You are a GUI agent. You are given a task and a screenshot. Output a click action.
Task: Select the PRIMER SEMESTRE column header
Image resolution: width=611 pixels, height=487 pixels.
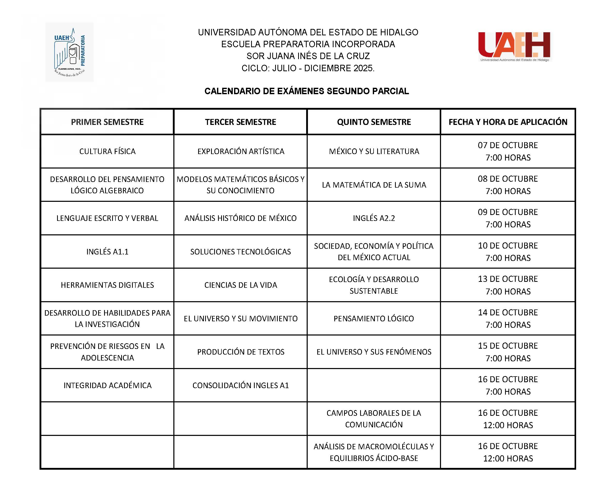point(107,122)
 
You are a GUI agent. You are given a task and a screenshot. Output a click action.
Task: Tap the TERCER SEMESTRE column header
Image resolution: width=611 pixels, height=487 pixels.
point(241,122)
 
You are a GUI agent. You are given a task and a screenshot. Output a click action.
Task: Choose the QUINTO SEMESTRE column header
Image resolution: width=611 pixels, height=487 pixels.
point(374,122)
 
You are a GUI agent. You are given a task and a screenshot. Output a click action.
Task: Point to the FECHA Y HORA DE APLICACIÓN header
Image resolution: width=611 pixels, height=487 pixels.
point(508,122)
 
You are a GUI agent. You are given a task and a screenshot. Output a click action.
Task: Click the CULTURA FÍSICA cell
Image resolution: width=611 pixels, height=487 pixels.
point(107,151)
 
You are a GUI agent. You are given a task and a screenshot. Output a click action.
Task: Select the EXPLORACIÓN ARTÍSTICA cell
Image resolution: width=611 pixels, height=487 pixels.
point(241,151)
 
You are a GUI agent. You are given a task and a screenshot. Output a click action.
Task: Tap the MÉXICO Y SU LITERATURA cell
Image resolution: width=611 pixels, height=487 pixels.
point(374,151)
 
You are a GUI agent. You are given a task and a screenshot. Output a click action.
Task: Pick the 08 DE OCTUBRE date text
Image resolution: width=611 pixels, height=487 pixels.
point(508,179)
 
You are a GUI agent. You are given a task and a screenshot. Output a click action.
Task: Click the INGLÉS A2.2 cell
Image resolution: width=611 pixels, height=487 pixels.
point(374,218)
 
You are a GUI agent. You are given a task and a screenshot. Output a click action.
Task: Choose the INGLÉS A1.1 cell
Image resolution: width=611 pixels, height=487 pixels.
point(107,252)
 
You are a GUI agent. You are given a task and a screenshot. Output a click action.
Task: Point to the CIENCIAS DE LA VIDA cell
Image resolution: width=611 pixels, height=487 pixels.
point(241,285)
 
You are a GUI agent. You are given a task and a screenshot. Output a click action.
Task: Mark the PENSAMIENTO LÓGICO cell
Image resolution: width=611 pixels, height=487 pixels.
point(374,318)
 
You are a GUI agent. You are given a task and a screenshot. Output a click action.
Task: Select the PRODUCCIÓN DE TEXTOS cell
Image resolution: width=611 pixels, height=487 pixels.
point(241,352)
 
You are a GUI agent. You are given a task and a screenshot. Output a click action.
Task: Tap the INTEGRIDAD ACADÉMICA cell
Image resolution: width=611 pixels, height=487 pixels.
point(107,385)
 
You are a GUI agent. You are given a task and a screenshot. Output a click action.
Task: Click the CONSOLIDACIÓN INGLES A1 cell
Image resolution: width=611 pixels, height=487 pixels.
point(241,385)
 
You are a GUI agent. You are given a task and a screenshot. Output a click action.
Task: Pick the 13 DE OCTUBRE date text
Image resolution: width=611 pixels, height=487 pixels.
point(508,279)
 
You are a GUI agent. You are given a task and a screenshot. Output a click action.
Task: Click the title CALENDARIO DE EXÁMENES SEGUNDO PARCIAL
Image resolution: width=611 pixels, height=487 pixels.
point(307,91)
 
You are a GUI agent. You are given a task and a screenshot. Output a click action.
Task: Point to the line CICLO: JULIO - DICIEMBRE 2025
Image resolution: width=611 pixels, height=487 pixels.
point(308,68)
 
